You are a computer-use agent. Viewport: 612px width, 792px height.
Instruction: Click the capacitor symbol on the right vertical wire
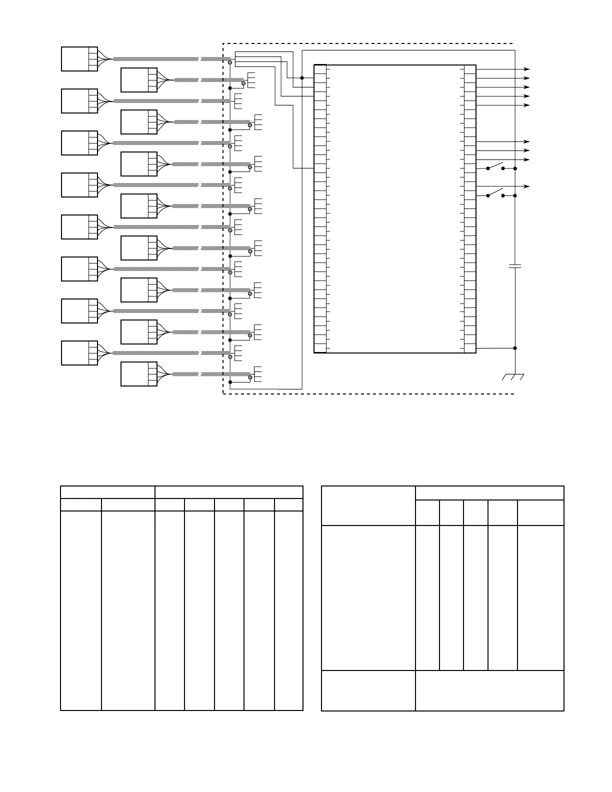tap(515, 266)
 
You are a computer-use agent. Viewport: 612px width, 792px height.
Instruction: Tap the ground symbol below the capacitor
tap(513, 376)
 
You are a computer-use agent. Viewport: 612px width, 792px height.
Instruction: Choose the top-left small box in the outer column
tap(79, 59)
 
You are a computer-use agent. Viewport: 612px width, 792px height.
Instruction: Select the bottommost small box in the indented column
tap(139, 374)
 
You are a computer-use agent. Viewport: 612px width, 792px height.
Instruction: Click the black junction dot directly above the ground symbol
tap(515, 348)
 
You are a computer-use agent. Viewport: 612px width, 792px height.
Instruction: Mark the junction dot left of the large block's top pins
tap(302, 77)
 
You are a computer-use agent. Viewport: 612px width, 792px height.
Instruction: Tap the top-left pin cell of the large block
tap(320, 69)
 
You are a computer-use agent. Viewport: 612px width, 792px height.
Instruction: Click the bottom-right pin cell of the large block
tap(470, 348)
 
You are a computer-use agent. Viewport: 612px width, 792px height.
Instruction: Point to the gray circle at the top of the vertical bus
tap(230, 62)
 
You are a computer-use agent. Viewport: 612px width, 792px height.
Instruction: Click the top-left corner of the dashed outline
tap(223, 44)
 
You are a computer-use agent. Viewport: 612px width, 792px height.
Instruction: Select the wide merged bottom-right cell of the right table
tap(489, 690)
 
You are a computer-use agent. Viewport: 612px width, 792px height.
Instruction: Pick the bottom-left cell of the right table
tap(368, 690)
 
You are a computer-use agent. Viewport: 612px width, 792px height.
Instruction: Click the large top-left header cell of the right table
tap(368, 505)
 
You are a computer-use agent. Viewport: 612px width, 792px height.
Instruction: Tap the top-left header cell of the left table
tap(107, 492)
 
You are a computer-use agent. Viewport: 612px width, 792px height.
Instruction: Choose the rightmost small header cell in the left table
tap(288, 504)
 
